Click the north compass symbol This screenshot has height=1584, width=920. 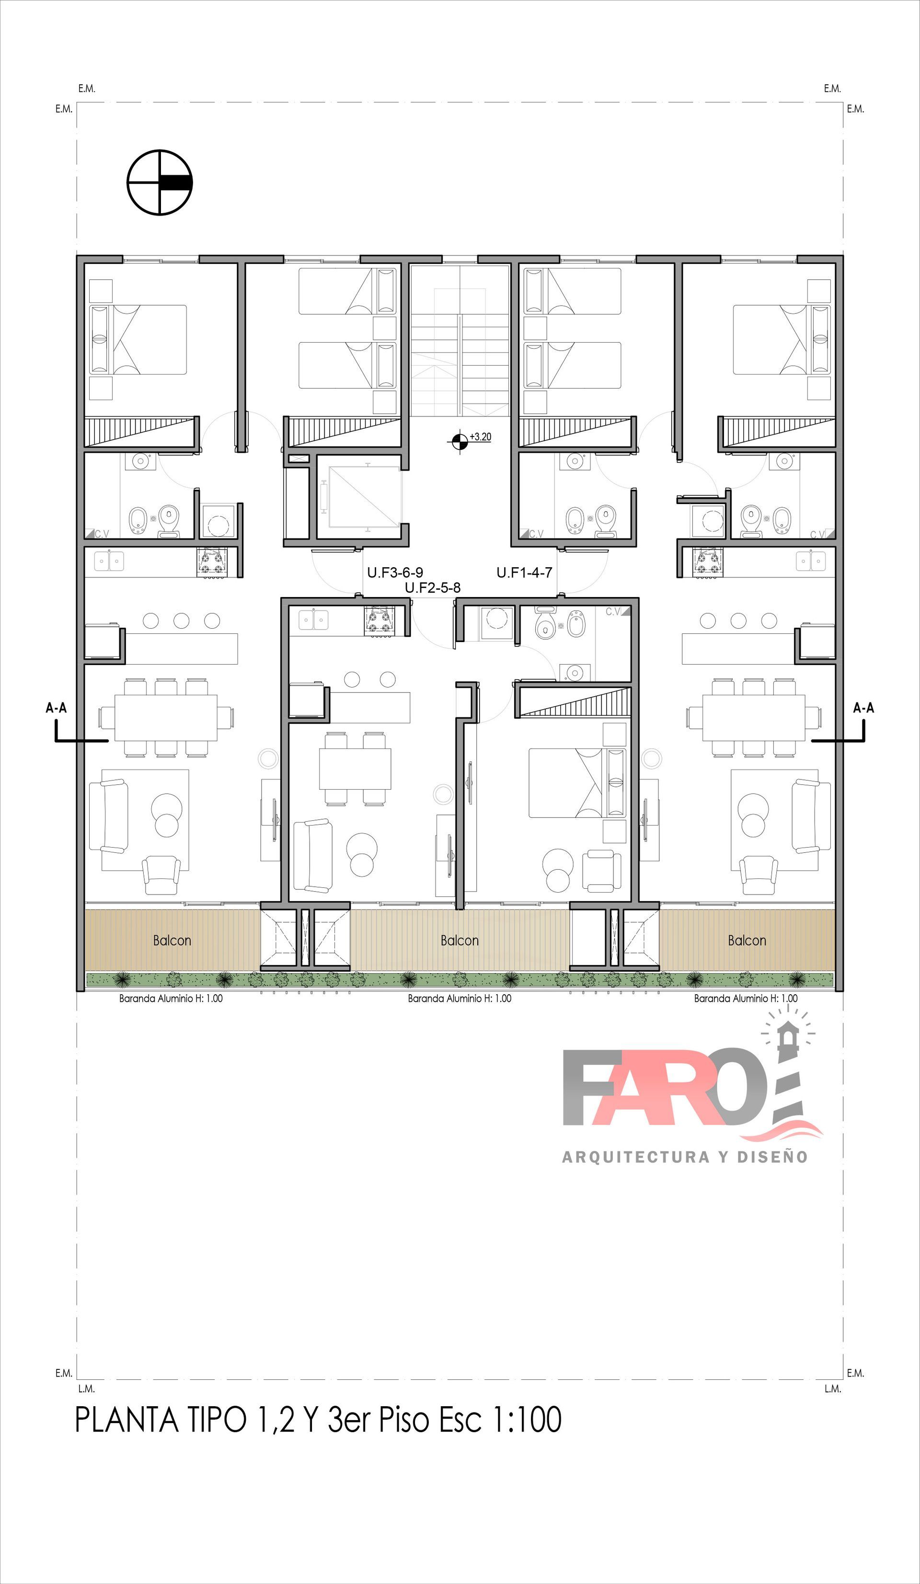point(160,182)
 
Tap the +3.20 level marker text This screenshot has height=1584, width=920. point(481,437)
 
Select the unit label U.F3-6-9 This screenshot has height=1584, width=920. point(395,573)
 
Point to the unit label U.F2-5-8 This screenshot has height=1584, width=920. point(433,588)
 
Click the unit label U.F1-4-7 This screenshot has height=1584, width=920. point(525,573)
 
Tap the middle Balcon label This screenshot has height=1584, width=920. point(460,941)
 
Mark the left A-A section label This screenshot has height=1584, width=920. point(56,708)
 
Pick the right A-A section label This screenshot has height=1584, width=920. point(863,708)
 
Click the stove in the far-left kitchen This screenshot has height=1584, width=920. point(212,562)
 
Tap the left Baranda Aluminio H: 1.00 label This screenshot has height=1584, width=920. point(171,998)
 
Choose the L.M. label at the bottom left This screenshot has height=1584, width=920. point(86,1389)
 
